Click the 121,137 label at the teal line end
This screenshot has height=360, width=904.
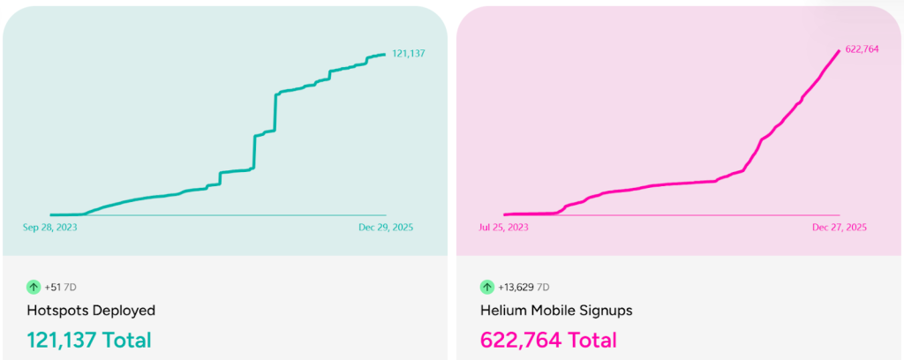click(409, 54)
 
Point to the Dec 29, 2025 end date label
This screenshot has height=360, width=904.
click(386, 227)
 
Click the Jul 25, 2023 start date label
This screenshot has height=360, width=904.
click(504, 227)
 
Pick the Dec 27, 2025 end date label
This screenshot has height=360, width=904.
click(840, 227)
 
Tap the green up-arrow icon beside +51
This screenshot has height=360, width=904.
click(34, 287)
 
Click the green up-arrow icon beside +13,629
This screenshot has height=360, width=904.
click(486, 287)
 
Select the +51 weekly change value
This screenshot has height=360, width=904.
click(52, 287)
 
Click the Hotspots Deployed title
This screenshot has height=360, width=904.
click(91, 311)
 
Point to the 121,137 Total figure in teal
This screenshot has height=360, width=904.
click(89, 340)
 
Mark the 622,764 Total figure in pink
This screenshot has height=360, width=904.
click(548, 340)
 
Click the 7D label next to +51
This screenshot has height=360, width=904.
click(70, 287)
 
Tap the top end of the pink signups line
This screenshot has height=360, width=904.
click(839, 51)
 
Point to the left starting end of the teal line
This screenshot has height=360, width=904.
click(52, 214)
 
